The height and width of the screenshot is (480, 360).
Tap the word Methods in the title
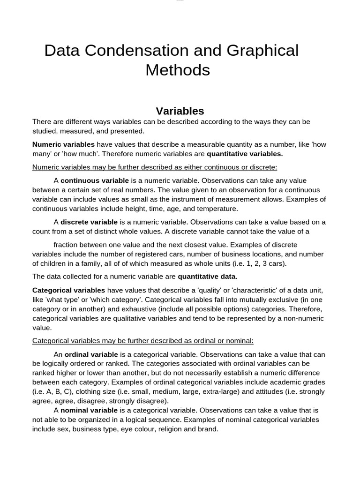177,70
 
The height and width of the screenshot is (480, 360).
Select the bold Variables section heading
180,111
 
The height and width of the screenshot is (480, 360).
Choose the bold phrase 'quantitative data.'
208,276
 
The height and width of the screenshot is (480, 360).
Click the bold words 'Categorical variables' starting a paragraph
68,290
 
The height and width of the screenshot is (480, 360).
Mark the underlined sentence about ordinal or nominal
142,340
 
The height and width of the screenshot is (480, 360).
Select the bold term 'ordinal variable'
91,354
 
